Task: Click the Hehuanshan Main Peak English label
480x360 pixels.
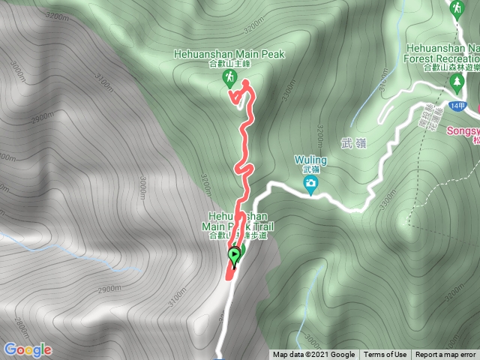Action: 229,55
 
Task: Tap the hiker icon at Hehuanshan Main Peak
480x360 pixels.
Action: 229,79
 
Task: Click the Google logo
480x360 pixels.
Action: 27,349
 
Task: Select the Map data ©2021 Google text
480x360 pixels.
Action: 313,355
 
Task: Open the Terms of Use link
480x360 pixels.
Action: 385,355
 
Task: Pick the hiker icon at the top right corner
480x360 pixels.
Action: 456,8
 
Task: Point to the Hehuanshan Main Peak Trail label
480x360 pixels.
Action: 233,225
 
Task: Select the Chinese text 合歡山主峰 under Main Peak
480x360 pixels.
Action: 229,65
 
